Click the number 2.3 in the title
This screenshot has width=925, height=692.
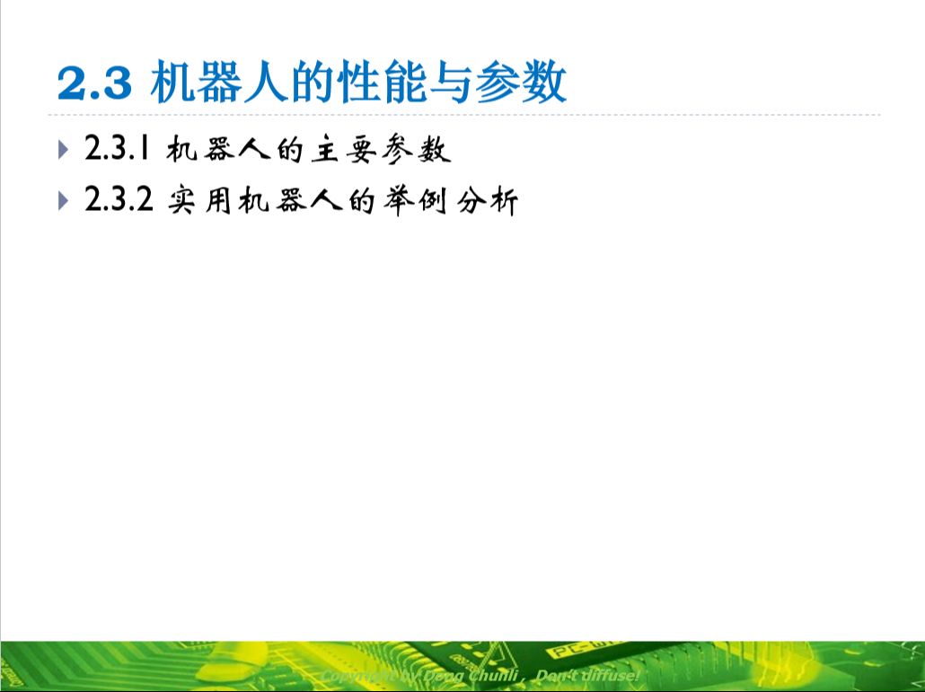click(x=95, y=84)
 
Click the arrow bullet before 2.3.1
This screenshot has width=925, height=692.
click(x=62, y=149)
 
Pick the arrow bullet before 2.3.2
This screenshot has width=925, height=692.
click(x=62, y=201)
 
